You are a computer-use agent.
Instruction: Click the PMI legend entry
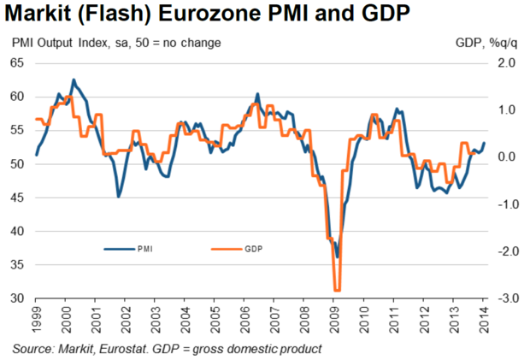pyautogui.click(x=144, y=249)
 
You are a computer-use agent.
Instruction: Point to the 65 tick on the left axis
pyautogui.click(x=18, y=63)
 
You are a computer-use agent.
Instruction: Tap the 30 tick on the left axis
pyautogui.click(x=18, y=299)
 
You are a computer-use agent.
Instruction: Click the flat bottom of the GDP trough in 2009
pyautogui.click(x=338, y=291)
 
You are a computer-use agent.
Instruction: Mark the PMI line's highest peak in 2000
pyautogui.click(x=73, y=80)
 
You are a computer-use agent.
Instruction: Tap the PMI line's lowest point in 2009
pyautogui.click(x=338, y=257)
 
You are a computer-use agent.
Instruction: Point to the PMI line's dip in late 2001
pyautogui.click(x=118, y=197)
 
